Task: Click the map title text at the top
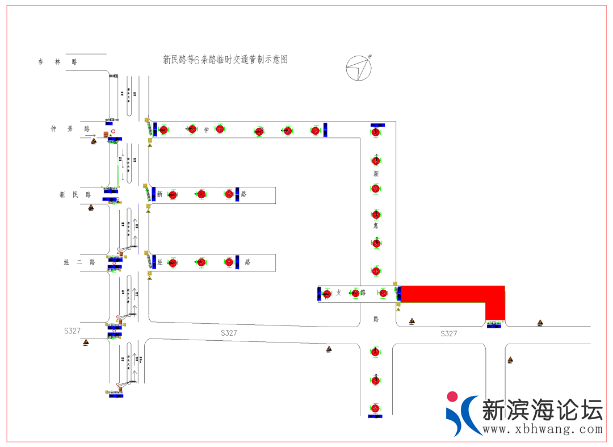[x=225, y=59]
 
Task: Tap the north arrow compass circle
[x=359, y=68]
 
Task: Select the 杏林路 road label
[x=57, y=61]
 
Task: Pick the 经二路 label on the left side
[x=79, y=262]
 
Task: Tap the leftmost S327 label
[x=72, y=330]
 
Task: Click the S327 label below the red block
[x=448, y=333]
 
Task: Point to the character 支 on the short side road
[x=339, y=293]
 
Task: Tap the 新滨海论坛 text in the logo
[x=541, y=410]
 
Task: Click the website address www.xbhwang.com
[x=542, y=429]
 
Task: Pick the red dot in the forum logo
[x=452, y=396]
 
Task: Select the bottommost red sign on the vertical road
[x=375, y=408]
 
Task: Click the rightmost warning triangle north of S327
[x=540, y=323]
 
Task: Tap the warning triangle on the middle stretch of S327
[x=329, y=349]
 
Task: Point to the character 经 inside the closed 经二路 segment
[x=160, y=262]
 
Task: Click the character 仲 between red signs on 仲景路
[x=207, y=130]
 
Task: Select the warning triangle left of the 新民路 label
[x=91, y=208]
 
